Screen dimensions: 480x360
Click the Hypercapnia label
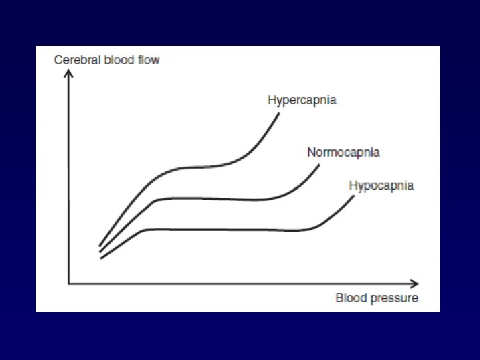tap(301, 101)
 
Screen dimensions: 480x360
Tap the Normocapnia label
tap(343, 152)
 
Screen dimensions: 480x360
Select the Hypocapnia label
tap(381, 185)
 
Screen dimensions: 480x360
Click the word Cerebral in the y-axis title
tap(76, 60)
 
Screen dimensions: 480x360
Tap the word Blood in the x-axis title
tap(350, 298)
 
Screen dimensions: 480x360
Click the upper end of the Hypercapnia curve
tap(279, 113)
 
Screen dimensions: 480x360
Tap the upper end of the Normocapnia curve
tap(319, 167)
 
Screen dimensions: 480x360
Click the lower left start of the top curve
tap(100, 245)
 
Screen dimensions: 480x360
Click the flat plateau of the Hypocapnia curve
tap(227, 229)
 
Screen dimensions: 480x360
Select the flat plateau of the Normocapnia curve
tap(213, 198)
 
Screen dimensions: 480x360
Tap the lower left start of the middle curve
tap(100, 251)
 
